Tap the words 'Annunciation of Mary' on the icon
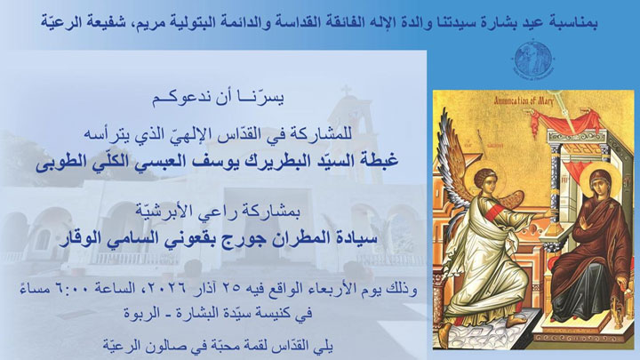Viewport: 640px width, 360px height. [535, 103]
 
